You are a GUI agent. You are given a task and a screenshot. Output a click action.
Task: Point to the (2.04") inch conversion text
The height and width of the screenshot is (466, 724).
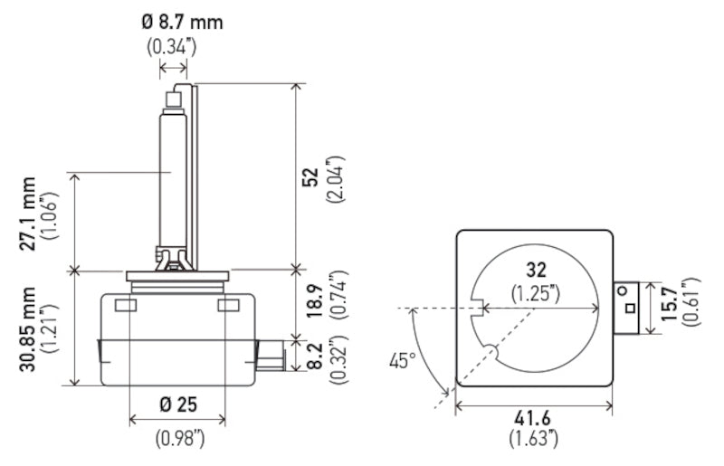pyautogui.click(x=338, y=179)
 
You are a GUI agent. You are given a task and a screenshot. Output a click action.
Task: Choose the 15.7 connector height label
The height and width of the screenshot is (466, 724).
pyautogui.click(x=667, y=306)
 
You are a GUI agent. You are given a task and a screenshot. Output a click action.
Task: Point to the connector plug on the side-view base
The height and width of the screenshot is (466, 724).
pyautogui.click(x=269, y=356)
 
